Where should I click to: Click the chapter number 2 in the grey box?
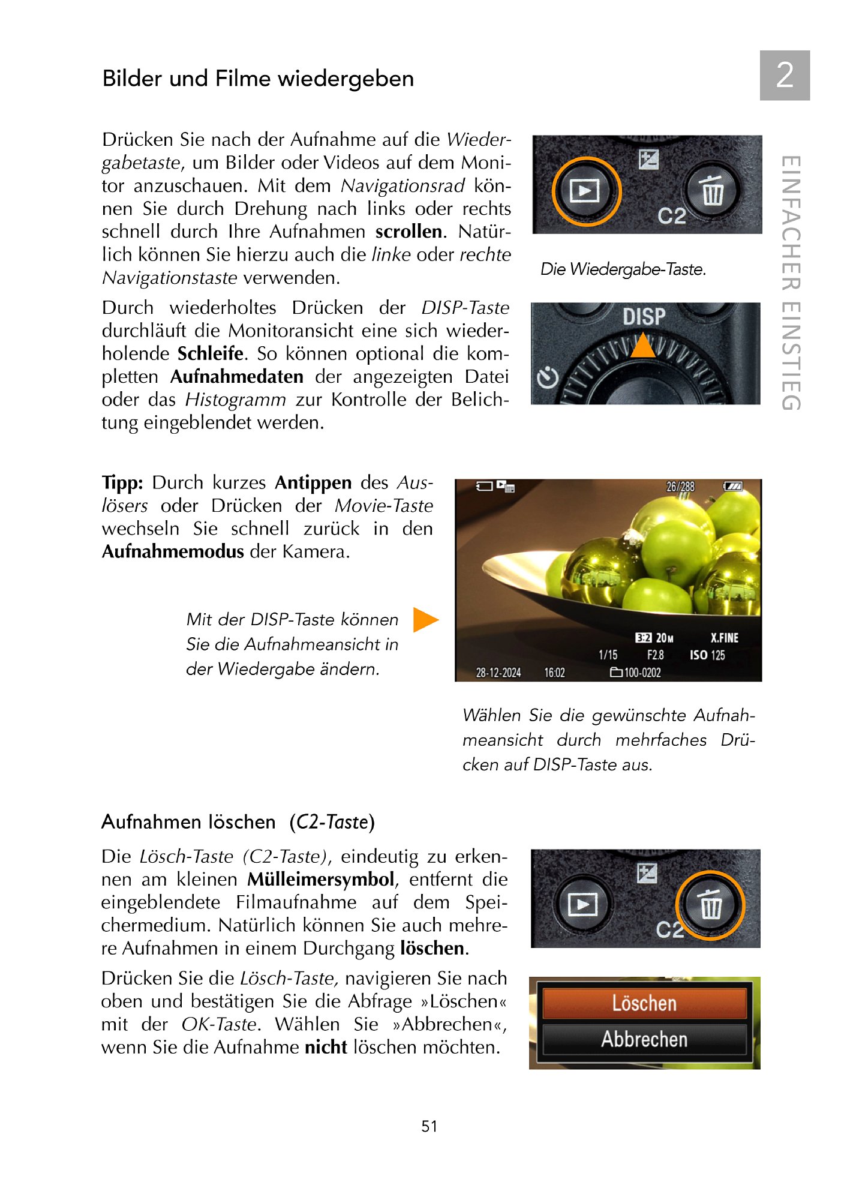click(785, 76)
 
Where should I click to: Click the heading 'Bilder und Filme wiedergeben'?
click(258, 79)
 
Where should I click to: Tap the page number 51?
click(429, 1126)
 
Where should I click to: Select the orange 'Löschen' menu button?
click(644, 1003)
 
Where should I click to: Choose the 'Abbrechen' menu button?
click(644, 1039)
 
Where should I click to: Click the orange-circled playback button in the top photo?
click(585, 191)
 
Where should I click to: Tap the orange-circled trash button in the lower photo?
click(710, 905)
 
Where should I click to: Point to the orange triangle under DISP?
click(643, 346)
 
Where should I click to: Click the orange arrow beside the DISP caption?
click(425, 620)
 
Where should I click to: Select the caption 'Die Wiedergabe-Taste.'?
click(623, 269)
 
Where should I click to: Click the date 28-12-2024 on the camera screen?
click(498, 673)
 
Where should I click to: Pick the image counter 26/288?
click(680, 487)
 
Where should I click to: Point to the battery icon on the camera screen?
click(732, 486)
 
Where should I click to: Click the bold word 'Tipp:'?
click(122, 483)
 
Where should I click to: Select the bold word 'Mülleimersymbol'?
click(320, 880)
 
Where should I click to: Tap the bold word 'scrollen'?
click(409, 232)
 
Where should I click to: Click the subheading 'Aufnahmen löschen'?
click(188, 822)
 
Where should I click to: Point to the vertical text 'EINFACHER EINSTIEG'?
click(791, 283)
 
